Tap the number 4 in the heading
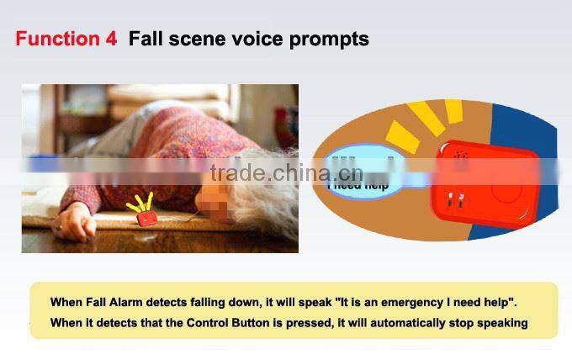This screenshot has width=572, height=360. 111,39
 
